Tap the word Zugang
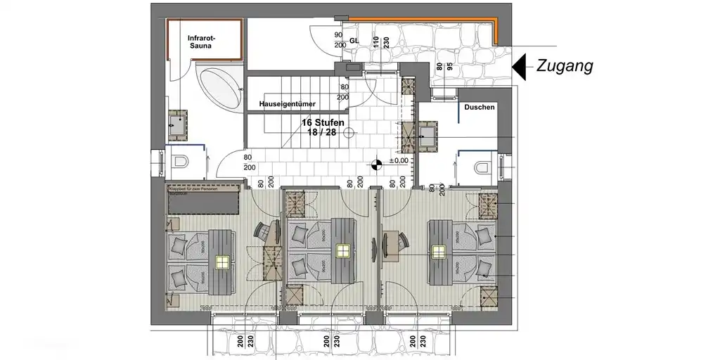pyautogui.click(x=565, y=67)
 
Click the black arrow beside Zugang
pyautogui.click(x=520, y=67)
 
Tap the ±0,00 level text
pyautogui.click(x=399, y=160)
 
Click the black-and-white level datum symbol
pyautogui.click(x=376, y=165)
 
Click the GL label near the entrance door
pyautogui.click(x=354, y=41)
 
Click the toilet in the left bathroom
pyautogui.click(x=179, y=162)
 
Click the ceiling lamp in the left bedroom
pyautogui.click(x=222, y=262)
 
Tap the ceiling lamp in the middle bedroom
pyautogui.click(x=343, y=250)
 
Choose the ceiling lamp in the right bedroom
pyautogui.click(x=439, y=251)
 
